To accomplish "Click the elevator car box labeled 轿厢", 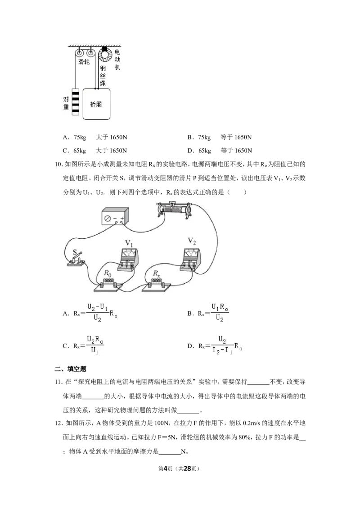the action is click(96, 104).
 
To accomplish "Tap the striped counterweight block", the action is click(75, 102).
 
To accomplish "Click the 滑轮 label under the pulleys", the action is click(84, 62).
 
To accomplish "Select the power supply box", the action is click(115, 217).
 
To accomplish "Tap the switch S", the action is click(76, 259).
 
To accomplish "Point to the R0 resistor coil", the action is click(108, 282).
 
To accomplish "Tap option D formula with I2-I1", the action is click(215, 345).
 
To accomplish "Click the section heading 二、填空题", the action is click(71, 369).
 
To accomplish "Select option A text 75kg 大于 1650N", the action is click(95, 137).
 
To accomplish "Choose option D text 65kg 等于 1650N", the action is click(220, 151).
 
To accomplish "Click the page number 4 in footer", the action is click(165, 469).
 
